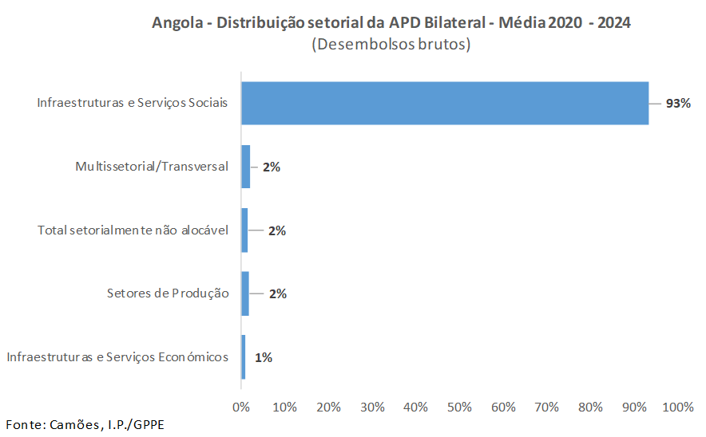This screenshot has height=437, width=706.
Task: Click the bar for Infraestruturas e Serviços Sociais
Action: [445, 103]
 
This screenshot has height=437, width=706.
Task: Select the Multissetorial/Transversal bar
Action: [246, 167]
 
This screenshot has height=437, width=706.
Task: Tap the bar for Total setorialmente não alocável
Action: [244, 230]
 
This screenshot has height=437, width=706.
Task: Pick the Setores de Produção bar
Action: [245, 293]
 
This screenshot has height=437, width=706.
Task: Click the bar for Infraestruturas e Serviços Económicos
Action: [244, 357]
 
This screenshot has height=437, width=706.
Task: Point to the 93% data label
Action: [678, 104]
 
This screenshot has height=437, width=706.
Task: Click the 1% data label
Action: [264, 358]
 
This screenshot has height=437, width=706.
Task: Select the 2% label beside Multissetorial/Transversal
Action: [272, 167]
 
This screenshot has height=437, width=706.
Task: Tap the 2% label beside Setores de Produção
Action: [277, 293]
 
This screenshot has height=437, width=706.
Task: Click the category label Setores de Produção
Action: [168, 293]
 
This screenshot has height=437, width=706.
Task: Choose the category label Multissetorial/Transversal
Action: [152, 167]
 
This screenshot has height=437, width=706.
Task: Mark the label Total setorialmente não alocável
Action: [133, 230]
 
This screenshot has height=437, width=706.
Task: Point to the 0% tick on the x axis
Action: [241, 407]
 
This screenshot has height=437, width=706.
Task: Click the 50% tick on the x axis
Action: [460, 407]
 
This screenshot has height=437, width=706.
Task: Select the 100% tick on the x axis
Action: [678, 407]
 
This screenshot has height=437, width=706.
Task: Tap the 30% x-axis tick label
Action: [372, 407]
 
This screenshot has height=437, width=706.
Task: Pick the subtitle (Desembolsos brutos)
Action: [391, 45]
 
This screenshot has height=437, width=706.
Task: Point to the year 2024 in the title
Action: [613, 23]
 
